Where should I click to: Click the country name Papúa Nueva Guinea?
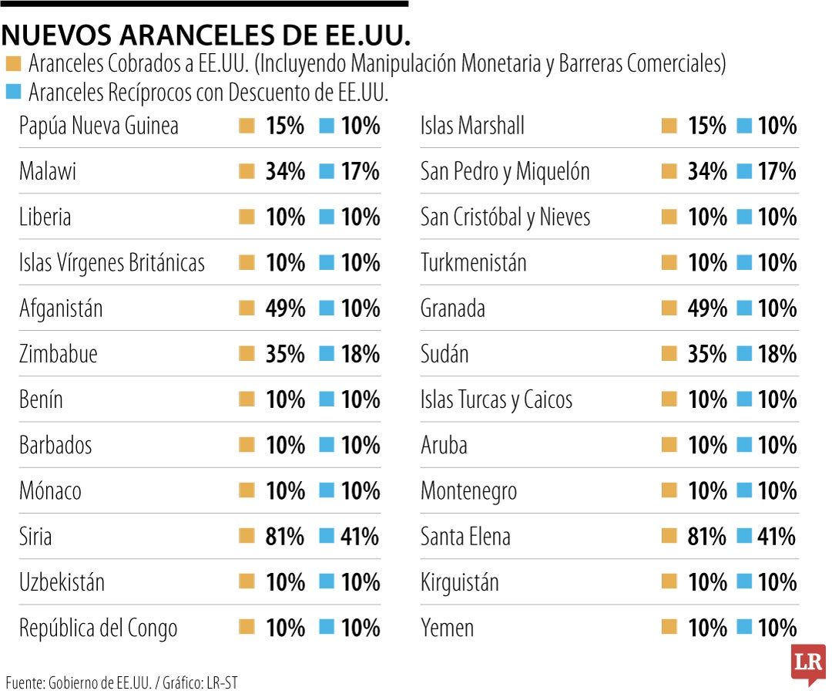point(99,126)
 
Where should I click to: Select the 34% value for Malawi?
point(285,171)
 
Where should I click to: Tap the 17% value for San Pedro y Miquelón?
point(777,171)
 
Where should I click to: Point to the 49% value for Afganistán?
point(285,308)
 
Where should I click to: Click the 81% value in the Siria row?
point(285,536)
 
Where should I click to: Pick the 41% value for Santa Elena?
point(777,536)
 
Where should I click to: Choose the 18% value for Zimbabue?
point(360,354)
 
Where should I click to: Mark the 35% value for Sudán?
point(707,354)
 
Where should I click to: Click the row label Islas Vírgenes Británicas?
point(112,263)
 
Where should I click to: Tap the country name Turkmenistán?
point(473,263)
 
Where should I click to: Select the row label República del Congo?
point(98,628)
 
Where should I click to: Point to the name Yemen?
point(447,628)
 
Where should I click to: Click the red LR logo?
point(807,664)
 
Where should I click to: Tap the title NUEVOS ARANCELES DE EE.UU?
point(206,35)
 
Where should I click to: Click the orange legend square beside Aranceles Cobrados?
point(13,64)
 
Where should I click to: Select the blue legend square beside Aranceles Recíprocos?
point(13,93)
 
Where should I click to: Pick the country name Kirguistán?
point(459,582)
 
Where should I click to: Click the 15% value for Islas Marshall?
point(707,126)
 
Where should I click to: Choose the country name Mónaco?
point(50,490)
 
